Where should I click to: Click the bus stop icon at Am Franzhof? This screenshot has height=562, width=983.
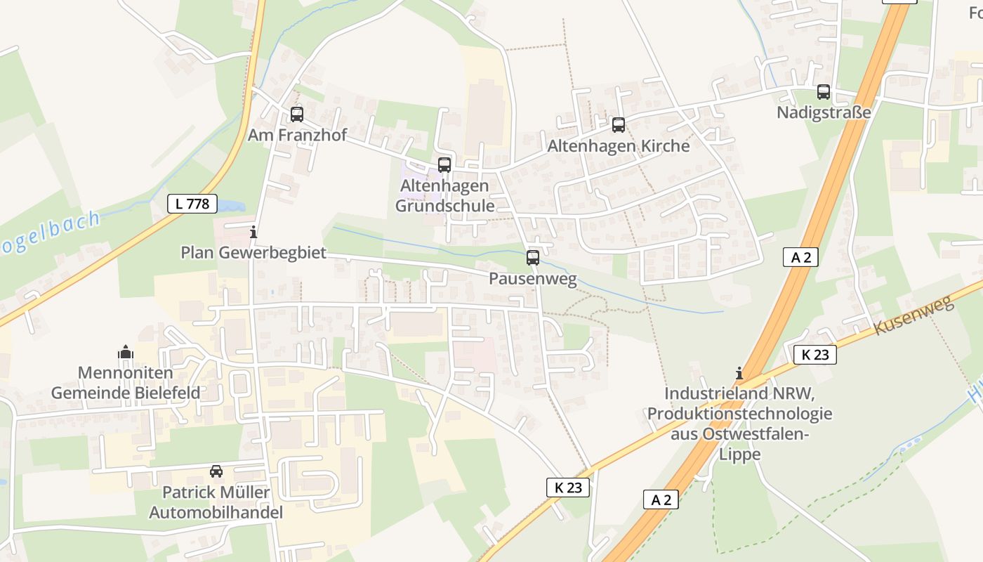coord(297,115)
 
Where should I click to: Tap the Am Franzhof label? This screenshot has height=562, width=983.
coord(297,135)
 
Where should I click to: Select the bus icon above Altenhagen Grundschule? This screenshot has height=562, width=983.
coord(444,165)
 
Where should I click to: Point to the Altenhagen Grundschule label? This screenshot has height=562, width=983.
coord(444,196)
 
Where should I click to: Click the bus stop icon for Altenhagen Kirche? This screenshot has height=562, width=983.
coord(619,125)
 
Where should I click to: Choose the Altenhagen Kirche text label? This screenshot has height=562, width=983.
coord(619,146)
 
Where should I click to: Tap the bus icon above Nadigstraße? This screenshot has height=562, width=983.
coord(824,92)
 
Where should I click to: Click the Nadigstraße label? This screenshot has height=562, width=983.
coord(824,112)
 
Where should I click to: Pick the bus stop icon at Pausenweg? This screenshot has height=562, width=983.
coord(533,258)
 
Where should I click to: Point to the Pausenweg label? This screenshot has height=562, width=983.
coord(533,279)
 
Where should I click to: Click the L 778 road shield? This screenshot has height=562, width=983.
coord(192,204)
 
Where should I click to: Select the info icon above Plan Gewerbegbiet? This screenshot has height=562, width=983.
coord(253,232)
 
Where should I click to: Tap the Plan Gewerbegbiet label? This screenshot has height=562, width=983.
coord(253,252)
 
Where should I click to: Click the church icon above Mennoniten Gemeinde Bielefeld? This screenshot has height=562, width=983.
coord(126,352)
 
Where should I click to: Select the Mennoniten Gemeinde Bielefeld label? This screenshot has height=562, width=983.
coord(126,383)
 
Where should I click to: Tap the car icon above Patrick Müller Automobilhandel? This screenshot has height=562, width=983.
coord(216,471)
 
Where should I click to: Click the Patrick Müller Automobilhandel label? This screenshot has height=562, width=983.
coord(216,502)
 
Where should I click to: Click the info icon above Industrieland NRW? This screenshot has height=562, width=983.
coord(739,373)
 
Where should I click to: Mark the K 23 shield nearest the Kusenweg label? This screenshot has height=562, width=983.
coord(815,355)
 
